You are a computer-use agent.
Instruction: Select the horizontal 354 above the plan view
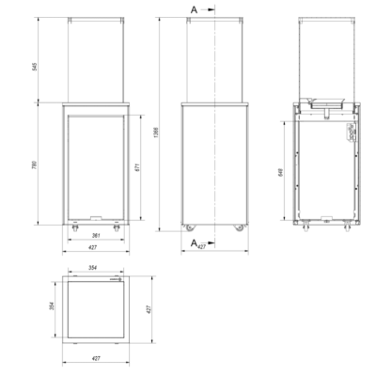(93, 270)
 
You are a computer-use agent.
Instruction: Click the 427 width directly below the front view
(93, 248)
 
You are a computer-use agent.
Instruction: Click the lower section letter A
(194, 243)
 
